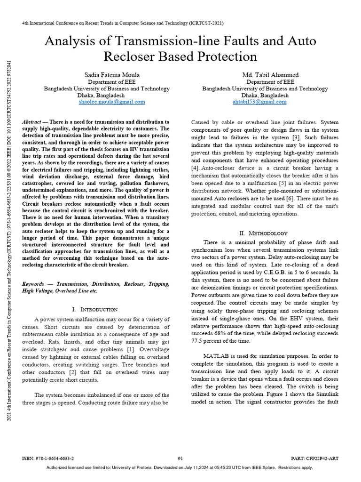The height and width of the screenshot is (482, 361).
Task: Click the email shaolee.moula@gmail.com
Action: pyautogui.click(x=112, y=102)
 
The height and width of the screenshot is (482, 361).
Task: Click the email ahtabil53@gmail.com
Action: pyautogui.click(x=259, y=102)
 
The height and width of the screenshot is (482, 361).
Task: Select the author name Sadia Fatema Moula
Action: pyautogui.click(x=112, y=75)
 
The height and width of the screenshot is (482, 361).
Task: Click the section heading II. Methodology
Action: pyautogui.click(x=264, y=233)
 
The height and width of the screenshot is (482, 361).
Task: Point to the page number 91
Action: pyautogui.click(x=180, y=458)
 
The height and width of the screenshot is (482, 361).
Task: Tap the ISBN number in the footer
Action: pyautogui.click(x=48, y=458)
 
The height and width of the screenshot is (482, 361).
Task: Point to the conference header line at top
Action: pyautogui.click(x=123, y=23)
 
